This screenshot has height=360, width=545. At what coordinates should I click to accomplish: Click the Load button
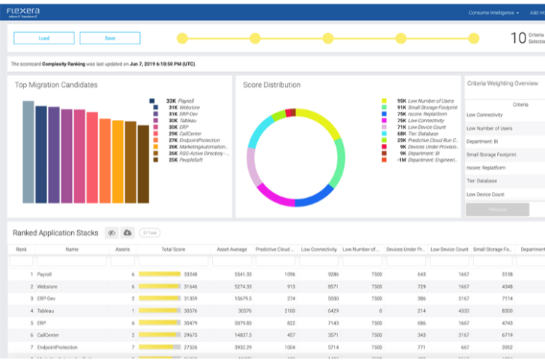click(44, 38)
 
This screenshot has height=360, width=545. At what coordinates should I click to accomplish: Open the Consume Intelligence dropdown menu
click(493, 13)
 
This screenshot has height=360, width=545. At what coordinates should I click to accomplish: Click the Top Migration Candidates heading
click(56, 85)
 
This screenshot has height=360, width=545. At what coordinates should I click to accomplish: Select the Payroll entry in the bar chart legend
click(179, 100)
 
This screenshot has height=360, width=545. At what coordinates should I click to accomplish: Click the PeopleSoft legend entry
click(184, 160)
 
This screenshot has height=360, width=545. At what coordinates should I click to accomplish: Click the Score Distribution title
click(271, 85)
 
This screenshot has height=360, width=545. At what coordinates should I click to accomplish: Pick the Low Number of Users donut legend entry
click(425, 100)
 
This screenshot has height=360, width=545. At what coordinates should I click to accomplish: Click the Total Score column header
click(173, 249)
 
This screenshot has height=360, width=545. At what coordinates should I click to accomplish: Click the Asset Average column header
click(232, 249)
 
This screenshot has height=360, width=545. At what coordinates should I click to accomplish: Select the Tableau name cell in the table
click(46, 310)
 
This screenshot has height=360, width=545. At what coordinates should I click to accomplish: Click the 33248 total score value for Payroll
click(191, 274)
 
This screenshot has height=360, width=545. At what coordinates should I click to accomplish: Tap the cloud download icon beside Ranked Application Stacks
click(127, 232)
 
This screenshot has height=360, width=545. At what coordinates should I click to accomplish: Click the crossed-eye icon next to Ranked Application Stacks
click(111, 232)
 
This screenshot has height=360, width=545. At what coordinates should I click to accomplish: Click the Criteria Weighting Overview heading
click(502, 83)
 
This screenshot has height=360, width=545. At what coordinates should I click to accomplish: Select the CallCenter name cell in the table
click(49, 334)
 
